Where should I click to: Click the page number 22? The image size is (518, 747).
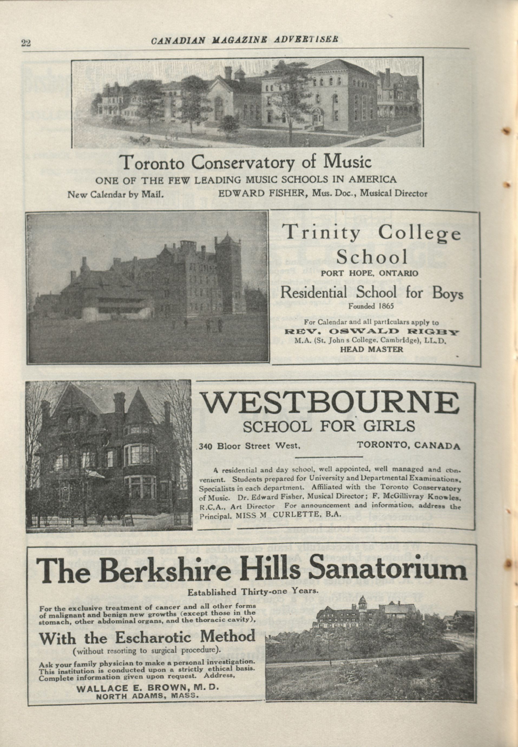point(26,43)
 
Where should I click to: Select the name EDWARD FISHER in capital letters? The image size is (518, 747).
point(262,194)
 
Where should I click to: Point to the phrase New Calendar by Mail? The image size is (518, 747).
point(115,195)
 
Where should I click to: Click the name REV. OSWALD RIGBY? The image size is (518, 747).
point(371,332)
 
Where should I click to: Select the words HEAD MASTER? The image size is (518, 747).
point(372,349)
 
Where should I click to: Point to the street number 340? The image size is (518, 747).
point(206,447)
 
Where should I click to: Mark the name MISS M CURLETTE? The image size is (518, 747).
point(278,515)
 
